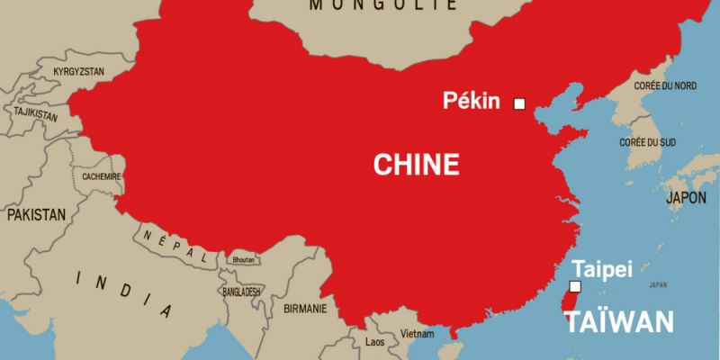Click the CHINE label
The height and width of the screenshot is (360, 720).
click(x=416, y=164)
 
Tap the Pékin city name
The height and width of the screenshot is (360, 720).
click(x=471, y=101)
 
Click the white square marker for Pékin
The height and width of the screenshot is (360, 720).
click(x=519, y=103)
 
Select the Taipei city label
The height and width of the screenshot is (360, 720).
click(x=602, y=268)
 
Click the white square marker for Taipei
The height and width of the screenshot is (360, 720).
click(x=576, y=287)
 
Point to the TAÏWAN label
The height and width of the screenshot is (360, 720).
click(x=622, y=322)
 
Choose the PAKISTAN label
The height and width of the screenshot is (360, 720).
click(x=37, y=215)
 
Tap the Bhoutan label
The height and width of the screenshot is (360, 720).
click(x=245, y=259)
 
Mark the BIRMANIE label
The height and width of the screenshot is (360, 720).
click(x=304, y=307)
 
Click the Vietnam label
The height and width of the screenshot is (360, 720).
click(x=418, y=333)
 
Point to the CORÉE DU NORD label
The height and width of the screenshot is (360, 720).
click(x=665, y=85)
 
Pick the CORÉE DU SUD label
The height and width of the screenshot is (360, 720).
click(x=647, y=142)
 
